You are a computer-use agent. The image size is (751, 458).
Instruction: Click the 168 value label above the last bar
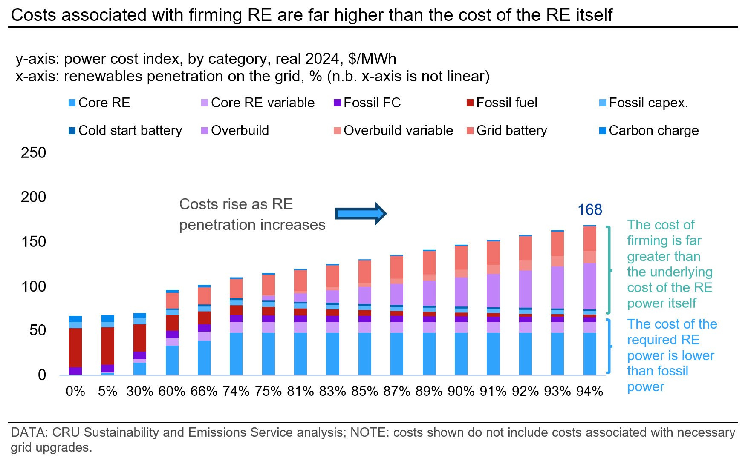point(589,210)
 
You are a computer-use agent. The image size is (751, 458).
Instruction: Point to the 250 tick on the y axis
point(33,153)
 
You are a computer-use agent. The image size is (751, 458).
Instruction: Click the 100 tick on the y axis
point(33,286)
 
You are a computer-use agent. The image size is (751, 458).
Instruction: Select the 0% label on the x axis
point(75,391)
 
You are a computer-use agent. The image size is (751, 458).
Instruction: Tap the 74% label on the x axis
point(236,391)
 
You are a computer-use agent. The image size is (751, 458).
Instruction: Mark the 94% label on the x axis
point(589,391)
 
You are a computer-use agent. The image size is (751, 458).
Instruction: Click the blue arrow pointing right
point(361,214)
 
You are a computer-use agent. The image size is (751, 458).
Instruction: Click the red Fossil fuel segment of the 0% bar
point(75,347)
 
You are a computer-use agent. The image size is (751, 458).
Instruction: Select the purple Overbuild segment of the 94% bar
point(589,286)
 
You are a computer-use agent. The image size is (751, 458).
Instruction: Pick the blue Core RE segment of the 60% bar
point(172,360)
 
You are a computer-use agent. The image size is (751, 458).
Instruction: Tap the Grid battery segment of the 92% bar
point(525,248)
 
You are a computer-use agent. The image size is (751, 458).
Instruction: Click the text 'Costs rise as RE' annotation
point(236,204)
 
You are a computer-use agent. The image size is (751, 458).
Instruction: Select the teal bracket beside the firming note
point(609,270)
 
